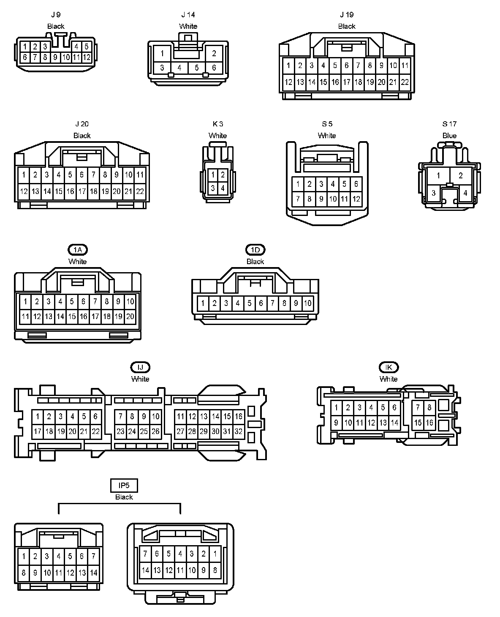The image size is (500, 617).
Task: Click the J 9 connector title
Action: (x=55, y=15)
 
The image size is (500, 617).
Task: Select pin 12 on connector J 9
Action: (x=87, y=57)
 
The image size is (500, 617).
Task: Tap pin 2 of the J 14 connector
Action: (x=214, y=53)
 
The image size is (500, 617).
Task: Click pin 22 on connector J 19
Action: (x=405, y=82)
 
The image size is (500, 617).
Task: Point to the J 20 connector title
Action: (x=82, y=124)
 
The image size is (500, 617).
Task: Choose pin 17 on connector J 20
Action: (x=82, y=191)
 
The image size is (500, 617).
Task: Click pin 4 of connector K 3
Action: (x=223, y=188)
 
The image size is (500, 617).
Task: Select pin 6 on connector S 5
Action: (x=356, y=184)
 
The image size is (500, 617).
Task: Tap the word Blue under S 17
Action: (x=449, y=136)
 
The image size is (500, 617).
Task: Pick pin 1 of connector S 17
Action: (x=439, y=176)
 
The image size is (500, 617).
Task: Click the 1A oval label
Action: (x=77, y=250)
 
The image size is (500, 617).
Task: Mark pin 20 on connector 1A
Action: (x=130, y=316)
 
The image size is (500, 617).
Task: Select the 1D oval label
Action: (x=255, y=250)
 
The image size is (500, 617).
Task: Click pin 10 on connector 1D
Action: (x=307, y=303)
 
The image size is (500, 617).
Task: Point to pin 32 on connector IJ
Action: (x=239, y=431)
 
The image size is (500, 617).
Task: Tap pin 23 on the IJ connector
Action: (x=120, y=431)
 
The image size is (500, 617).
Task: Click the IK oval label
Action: (x=389, y=367)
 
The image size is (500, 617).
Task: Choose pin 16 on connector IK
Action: (x=429, y=423)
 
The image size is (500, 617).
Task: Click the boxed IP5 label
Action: (x=124, y=486)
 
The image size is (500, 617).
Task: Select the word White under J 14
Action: (x=188, y=26)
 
